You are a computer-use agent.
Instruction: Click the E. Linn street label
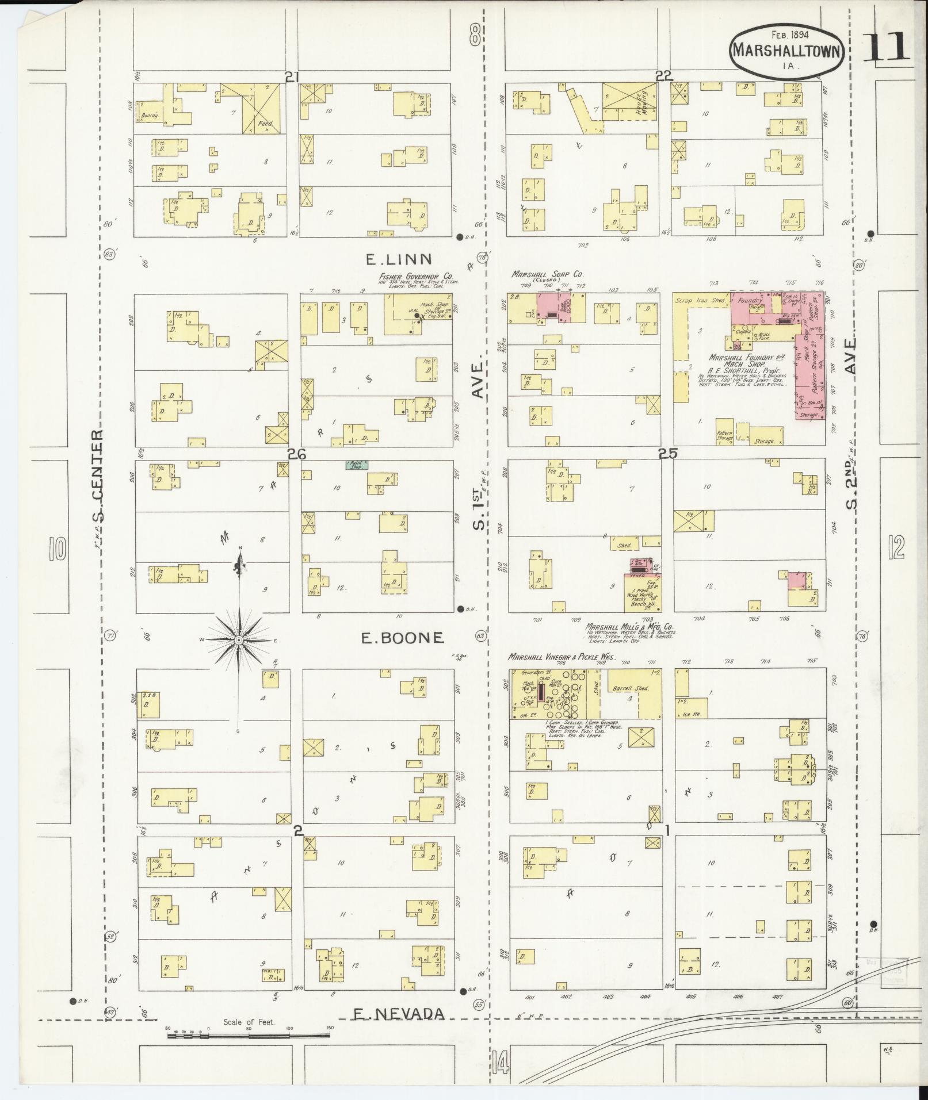(399, 260)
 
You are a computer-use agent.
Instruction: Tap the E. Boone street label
(403, 637)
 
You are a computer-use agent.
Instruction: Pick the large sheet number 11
(886, 47)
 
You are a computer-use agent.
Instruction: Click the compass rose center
(238, 640)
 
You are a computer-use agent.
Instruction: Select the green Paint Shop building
(357, 464)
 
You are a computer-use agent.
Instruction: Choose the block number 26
(296, 454)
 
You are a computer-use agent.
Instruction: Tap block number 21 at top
(293, 76)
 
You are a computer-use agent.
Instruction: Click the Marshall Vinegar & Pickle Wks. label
(562, 657)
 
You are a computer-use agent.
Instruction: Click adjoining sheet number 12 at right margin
(896, 547)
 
